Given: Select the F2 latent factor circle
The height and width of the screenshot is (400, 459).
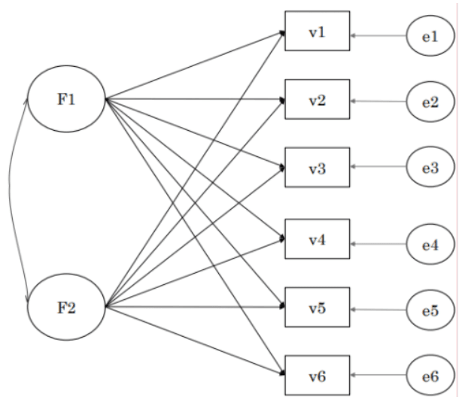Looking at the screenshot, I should coord(66,307).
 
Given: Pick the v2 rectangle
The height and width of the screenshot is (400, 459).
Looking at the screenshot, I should coord(317,99).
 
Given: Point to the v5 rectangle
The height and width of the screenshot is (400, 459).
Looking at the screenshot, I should coord(317,308).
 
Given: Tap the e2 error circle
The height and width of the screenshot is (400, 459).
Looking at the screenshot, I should coord(430,101).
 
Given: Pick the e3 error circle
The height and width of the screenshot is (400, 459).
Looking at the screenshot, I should coord(430,168).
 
